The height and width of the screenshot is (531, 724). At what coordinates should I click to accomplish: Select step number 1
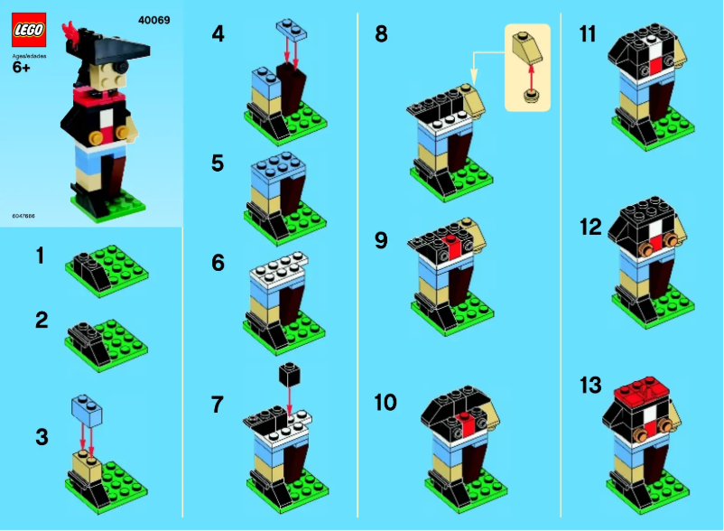40,256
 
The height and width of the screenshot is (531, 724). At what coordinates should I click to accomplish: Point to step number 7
218,405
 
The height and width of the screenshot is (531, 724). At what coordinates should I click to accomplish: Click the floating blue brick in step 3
88,410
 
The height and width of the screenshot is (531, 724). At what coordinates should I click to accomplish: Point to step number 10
385,403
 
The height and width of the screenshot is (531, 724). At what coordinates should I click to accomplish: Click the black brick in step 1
88,262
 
